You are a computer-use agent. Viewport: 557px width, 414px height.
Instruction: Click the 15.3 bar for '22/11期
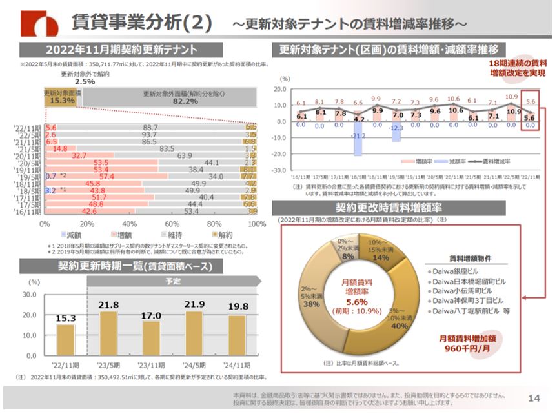pos(66,339)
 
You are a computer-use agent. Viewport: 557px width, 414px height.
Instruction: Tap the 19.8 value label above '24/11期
pos(237,306)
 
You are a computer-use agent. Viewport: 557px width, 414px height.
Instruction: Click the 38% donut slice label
pos(313,304)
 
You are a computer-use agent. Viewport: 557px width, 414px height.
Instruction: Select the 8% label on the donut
pos(347,256)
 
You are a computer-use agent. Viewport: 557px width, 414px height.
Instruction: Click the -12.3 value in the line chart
pos(396,128)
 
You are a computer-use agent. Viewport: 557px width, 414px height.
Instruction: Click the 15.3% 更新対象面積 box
pos(62,97)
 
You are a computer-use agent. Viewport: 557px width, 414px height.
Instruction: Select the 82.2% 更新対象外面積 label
pos(170,97)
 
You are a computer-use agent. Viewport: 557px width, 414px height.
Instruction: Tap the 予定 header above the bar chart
pos(173,281)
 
